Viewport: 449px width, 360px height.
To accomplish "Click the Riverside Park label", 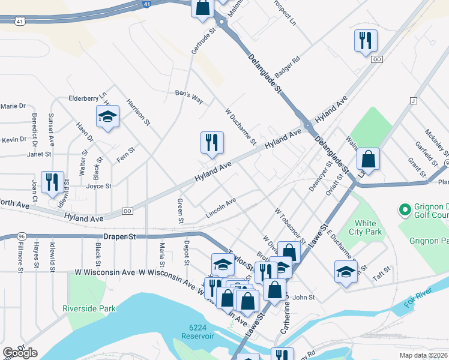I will pos(88,309).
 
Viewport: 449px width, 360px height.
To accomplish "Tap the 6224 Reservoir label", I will pos(200,331).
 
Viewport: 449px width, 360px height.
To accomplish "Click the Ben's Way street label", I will pos(188,97).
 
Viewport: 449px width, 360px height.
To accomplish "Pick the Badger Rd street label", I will pos(288,64).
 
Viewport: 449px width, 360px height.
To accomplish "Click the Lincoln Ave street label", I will pos(221,206).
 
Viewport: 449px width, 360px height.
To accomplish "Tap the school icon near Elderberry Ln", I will pos(107,116).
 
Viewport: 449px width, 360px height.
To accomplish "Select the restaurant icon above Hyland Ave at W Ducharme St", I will pos(212,142).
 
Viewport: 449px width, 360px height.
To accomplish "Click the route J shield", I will pos(413,100).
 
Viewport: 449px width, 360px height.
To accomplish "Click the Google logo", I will pos(20,353).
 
